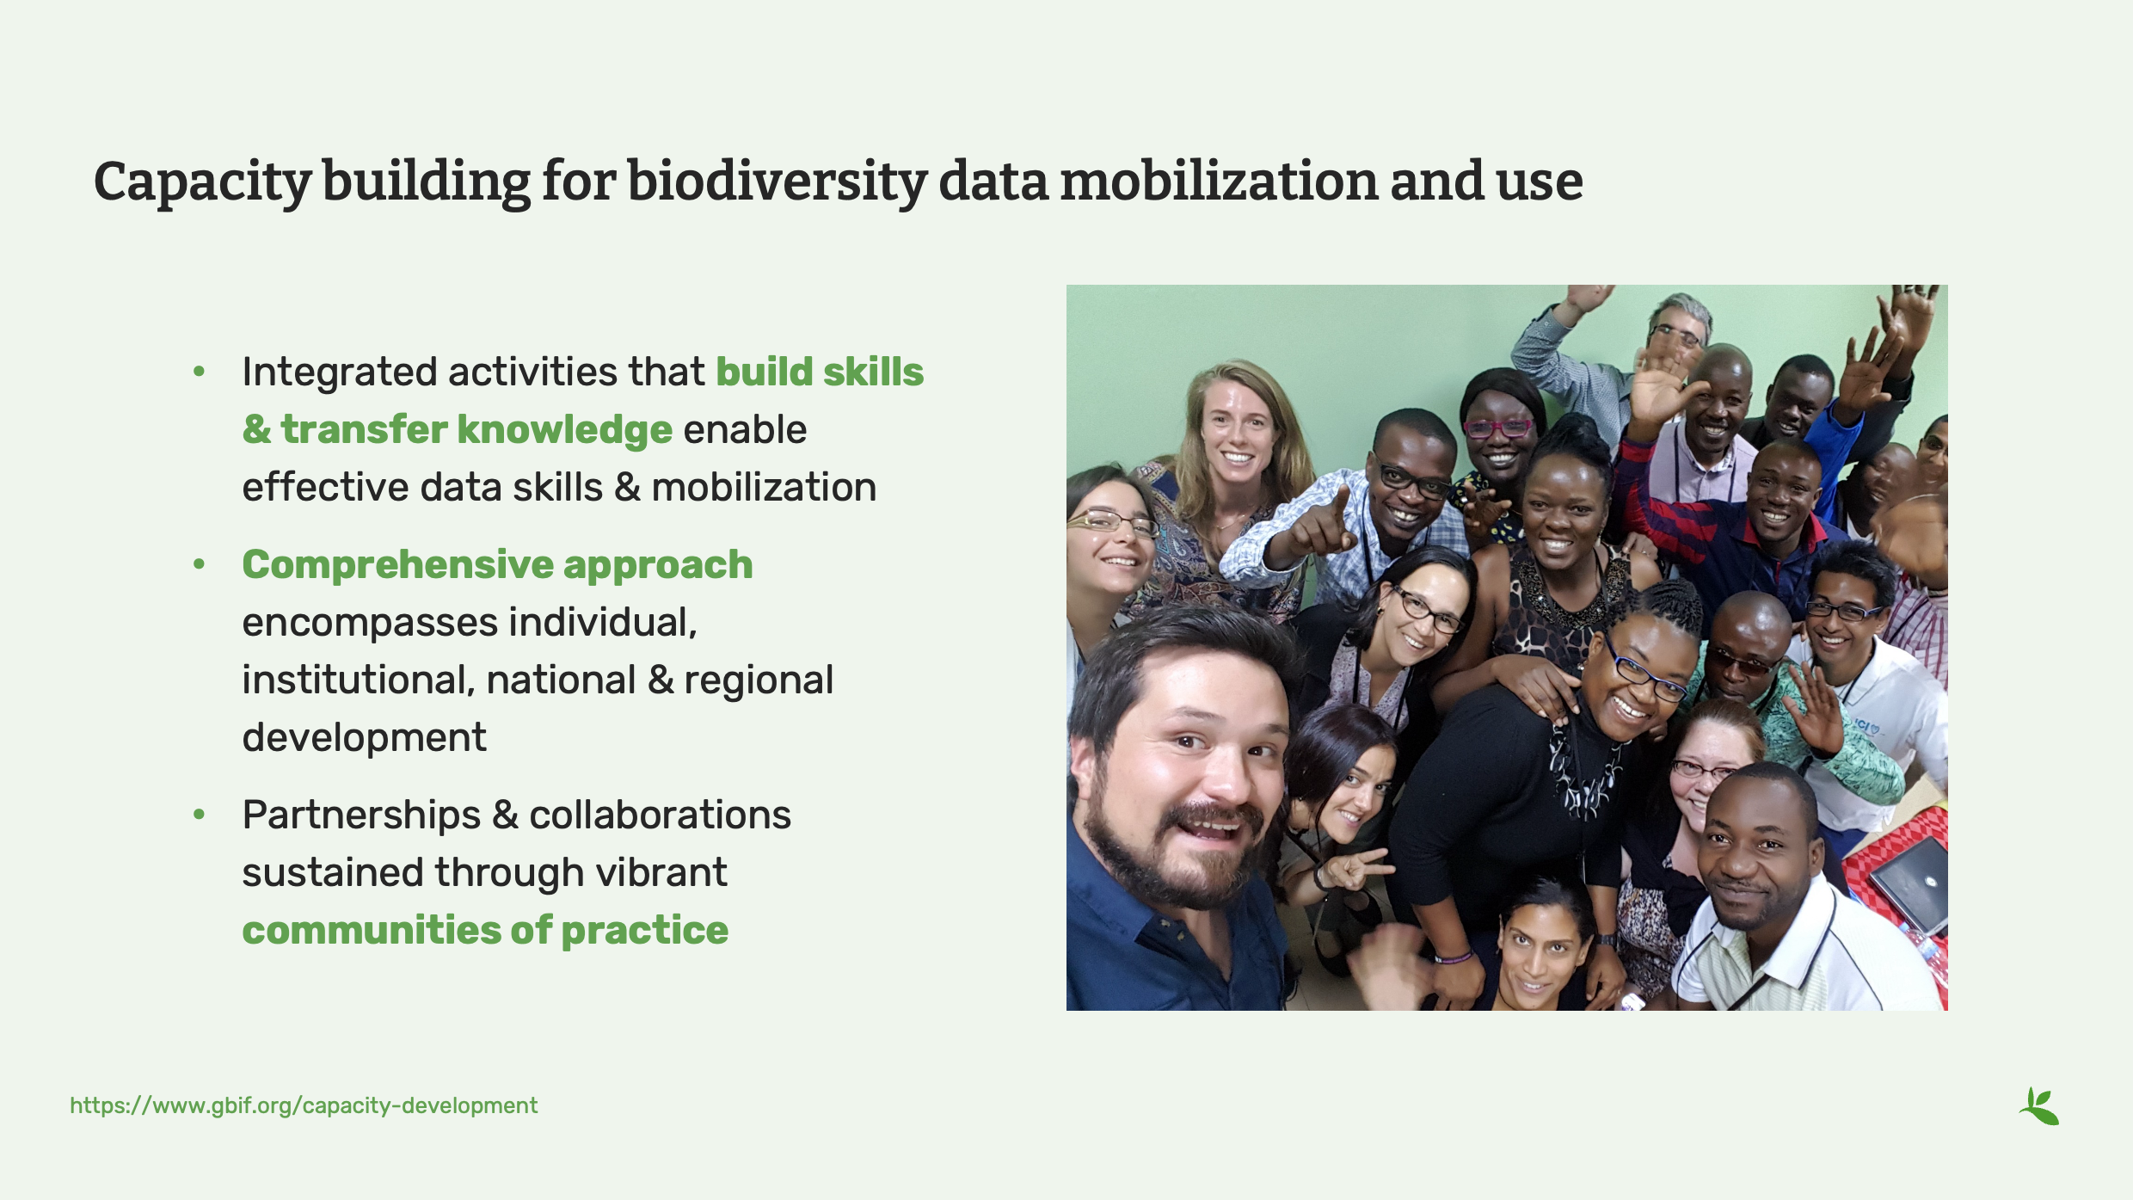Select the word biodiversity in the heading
(777, 182)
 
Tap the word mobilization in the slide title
(1219, 182)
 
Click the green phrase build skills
(820, 372)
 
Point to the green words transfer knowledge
(476, 430)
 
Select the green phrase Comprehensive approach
(497, 565)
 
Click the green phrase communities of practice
(485, 931)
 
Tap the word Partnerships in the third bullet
(361, 815)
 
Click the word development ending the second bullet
(364, 738)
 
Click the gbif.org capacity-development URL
(304, 1105)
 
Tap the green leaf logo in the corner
(2039, 1106)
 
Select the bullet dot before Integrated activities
(200, 372)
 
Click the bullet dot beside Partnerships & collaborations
(200, 815)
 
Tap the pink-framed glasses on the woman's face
(1497, 428)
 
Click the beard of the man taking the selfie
(1178, 860)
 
